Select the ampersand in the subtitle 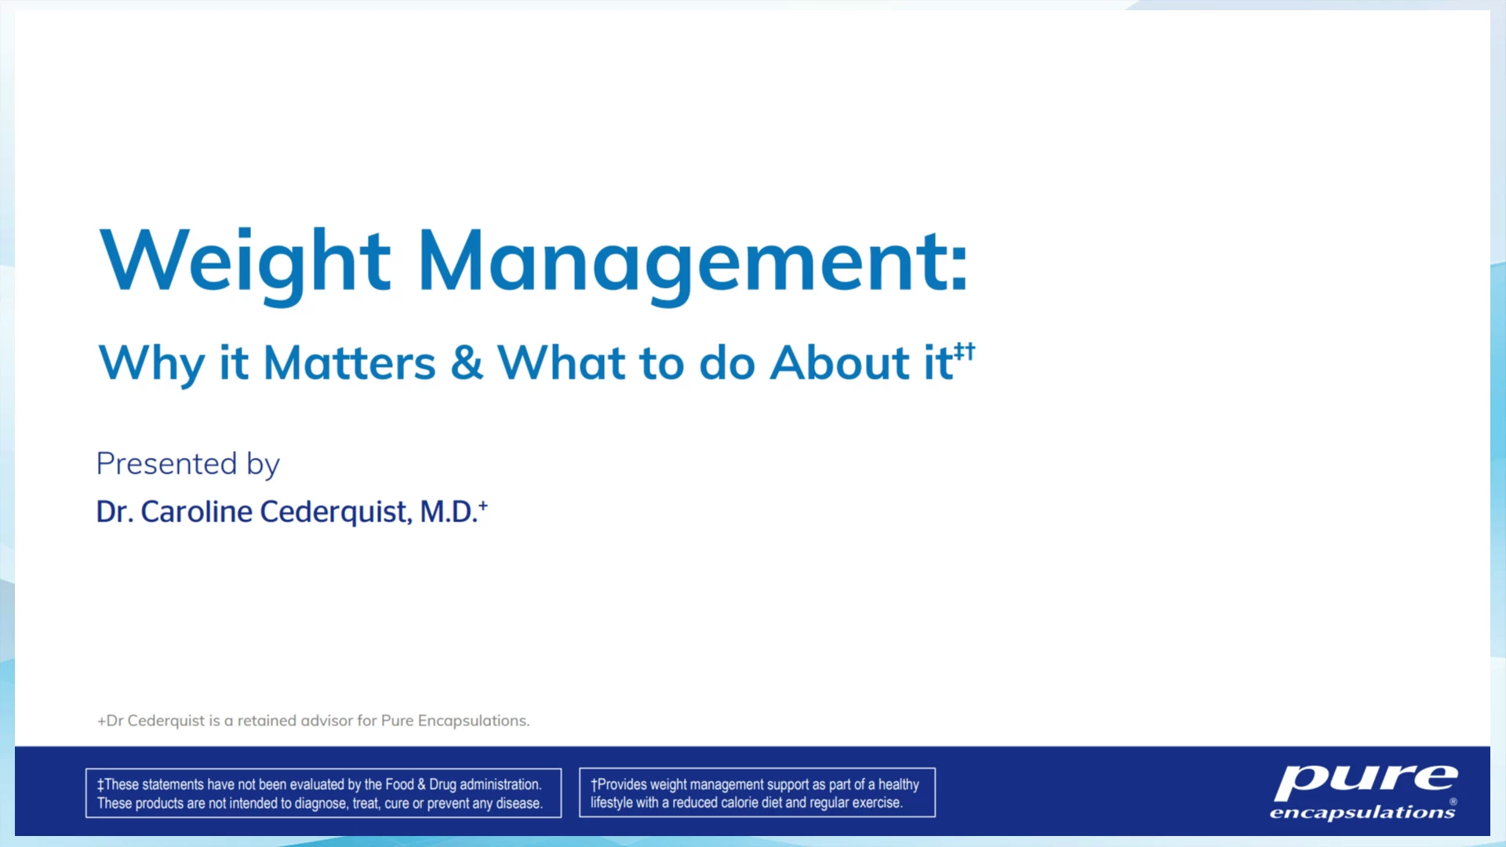(467, 363)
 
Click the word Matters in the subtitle (349, 363)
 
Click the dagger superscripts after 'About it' (965, 351)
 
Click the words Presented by (187, 464)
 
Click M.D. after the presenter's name (448, 512)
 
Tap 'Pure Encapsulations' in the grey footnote (455, 722)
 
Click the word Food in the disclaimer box (399, 784)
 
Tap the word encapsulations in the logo (1362, 812)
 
